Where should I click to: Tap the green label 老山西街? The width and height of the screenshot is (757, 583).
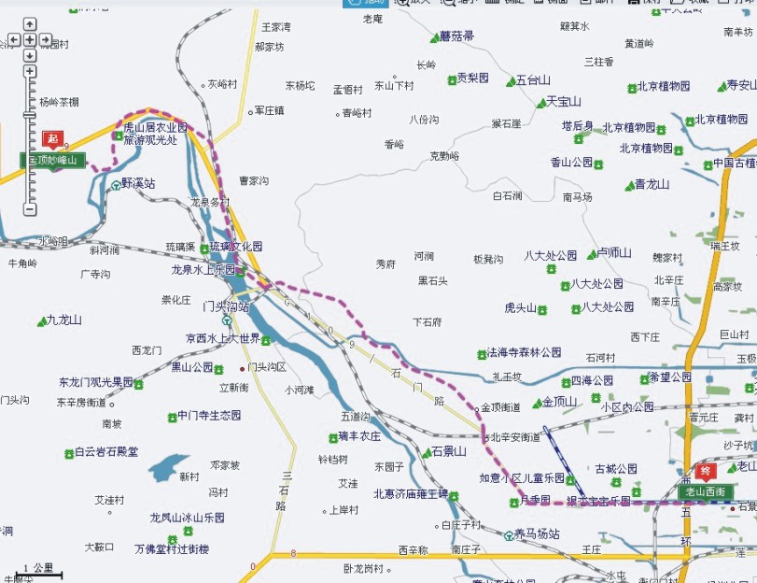705,491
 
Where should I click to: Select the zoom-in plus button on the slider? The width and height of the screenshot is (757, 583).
30,71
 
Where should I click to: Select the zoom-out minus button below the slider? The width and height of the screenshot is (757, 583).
30,209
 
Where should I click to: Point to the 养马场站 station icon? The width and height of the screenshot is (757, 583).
509,535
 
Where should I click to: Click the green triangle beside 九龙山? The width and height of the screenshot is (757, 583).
42,321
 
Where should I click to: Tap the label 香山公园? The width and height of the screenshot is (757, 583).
571,162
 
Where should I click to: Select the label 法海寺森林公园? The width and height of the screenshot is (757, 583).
524,353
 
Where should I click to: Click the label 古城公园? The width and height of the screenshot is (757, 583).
616,468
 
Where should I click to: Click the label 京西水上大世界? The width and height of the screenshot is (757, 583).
222,338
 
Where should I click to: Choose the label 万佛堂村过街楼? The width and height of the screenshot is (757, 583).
172,549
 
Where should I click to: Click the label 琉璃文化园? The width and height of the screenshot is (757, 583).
235,247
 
